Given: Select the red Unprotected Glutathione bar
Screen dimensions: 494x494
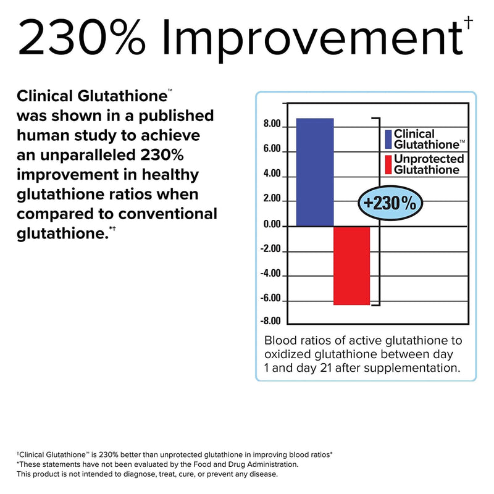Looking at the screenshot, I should (x=351, y=266).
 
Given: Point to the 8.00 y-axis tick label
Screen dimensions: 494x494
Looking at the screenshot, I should (x=272, y=125).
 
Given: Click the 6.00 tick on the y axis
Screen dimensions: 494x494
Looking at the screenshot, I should (x=272, y=150).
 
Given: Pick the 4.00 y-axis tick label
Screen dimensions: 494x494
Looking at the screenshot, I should (x=272, y=174).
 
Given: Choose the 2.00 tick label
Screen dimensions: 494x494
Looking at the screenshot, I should (x=272, y=199).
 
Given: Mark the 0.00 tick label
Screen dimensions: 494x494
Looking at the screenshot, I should (x=272, y=225).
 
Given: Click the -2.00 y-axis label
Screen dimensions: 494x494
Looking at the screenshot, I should (x=270, y=249).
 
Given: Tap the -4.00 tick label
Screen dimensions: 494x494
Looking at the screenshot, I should (x=270, y=274).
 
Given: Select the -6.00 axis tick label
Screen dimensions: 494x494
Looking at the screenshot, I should (x=270, y=298).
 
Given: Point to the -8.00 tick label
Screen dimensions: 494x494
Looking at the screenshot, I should (x=270, y=320).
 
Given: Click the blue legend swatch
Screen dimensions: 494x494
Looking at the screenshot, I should (x=388, y=140).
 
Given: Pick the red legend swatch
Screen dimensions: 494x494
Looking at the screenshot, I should (x=388, y=164).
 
